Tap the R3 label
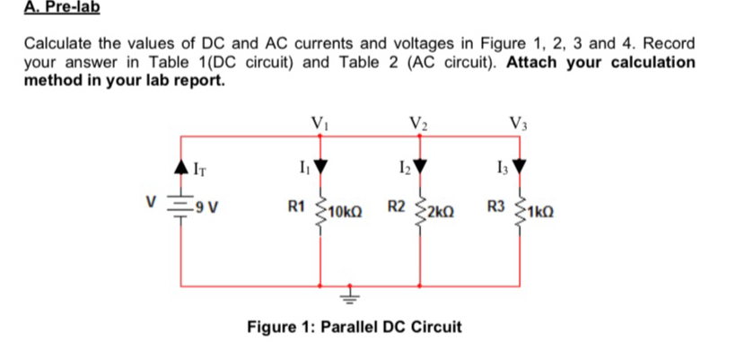click(498, 209)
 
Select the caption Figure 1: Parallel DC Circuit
click(354, 326)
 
